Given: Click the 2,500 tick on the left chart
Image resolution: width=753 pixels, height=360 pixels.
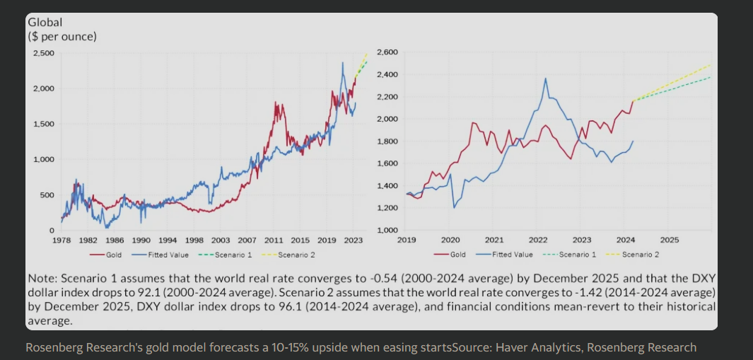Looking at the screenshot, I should [44, 53].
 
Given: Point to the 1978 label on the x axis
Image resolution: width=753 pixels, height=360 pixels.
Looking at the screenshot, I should [63, 240].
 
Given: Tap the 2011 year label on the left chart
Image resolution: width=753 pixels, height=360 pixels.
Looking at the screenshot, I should [274, 240].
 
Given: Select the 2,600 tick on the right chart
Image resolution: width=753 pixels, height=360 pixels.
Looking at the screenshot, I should [388, 52].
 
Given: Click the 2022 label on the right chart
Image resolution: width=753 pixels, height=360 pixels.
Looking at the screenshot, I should [538, 240].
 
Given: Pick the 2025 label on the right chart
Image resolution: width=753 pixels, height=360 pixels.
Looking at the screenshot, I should [670, 240].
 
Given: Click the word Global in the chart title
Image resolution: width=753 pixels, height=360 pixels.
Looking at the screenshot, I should [45, 23].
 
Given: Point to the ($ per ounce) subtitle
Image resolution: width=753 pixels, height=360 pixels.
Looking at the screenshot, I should [62, 36].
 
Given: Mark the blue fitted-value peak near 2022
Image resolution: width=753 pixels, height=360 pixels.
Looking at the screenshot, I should [546, 78].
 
